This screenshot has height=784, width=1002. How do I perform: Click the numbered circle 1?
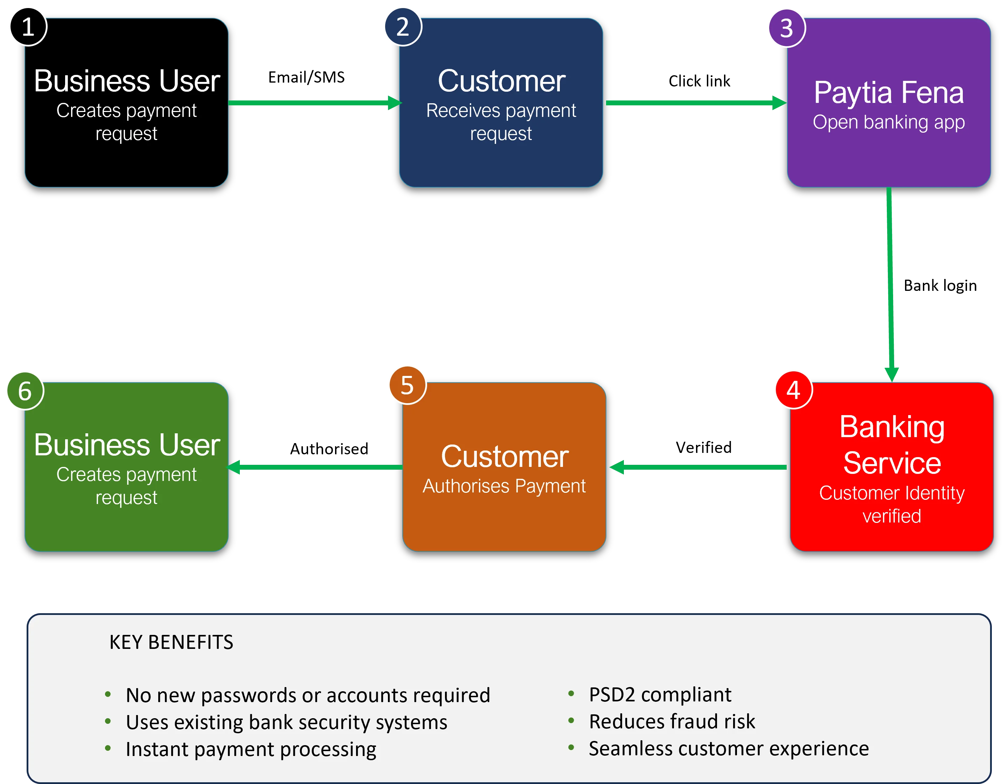(28, 27)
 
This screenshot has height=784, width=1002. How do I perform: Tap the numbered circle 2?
(403, 27)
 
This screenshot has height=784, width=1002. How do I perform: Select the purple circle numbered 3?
(787, 28)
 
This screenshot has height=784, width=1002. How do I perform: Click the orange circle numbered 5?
(407, 385)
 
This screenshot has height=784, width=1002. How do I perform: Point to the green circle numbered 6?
(25, 391)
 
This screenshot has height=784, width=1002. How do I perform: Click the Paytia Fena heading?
(889, 93)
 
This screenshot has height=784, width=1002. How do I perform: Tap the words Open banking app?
(889, 122)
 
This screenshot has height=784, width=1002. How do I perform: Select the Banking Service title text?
(892, 444)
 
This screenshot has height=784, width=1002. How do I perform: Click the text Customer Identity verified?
(892, 504)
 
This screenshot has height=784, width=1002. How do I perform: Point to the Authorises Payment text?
(504, 486)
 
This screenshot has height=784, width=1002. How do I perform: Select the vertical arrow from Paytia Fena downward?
(890, 285)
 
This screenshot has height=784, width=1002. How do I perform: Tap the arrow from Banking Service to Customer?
(698, 467)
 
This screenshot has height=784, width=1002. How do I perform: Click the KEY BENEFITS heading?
(171, 642)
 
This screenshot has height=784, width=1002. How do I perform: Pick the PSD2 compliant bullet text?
(660, 694)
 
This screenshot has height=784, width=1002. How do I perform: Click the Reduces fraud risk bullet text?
(672, 722)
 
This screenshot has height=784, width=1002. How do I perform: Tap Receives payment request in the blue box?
(501, 122)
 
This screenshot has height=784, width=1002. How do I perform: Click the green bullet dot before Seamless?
(571, 748)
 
